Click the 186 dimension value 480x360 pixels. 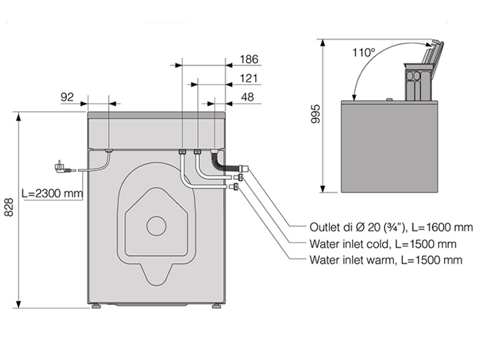point(248,59)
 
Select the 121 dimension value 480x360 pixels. point(248,78)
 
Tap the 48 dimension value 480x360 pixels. point(247,97)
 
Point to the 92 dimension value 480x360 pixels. point(67,97)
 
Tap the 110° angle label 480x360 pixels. point(364,52)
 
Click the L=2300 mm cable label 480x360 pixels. point(52,194)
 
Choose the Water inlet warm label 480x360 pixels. point(386,260)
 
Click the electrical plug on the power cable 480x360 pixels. point(61,165)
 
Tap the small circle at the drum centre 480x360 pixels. point(156,226)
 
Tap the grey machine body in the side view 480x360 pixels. point(389,147)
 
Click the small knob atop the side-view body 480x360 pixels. point(389,99)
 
